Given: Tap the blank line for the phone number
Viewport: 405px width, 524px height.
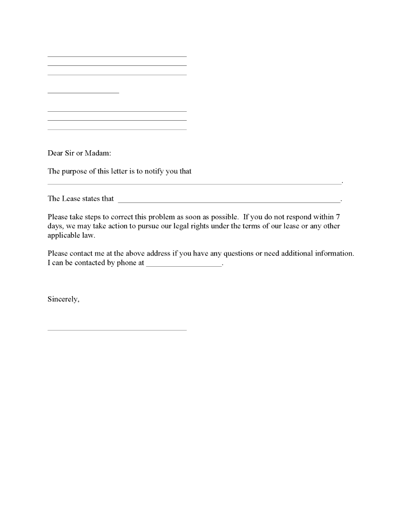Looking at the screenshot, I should (184, 266).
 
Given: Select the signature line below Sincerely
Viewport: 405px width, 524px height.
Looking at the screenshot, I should (117, 330).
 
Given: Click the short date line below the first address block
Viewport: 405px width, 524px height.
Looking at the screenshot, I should (83, 93).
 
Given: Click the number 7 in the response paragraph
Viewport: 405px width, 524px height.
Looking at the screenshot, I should (338, 217).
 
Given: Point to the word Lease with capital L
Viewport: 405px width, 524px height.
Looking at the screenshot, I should (73, 199).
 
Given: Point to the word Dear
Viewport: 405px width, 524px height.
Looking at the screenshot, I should (55, 153).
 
